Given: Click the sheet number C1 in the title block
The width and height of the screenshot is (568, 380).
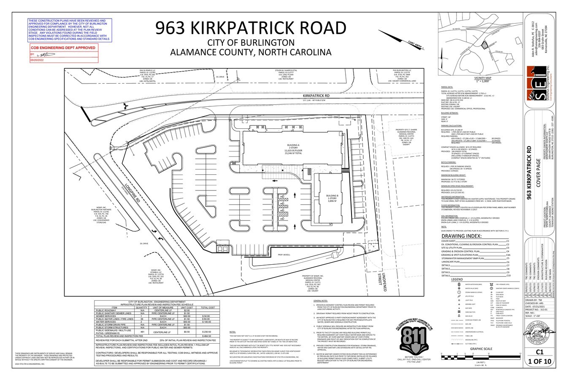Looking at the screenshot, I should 538,351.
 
